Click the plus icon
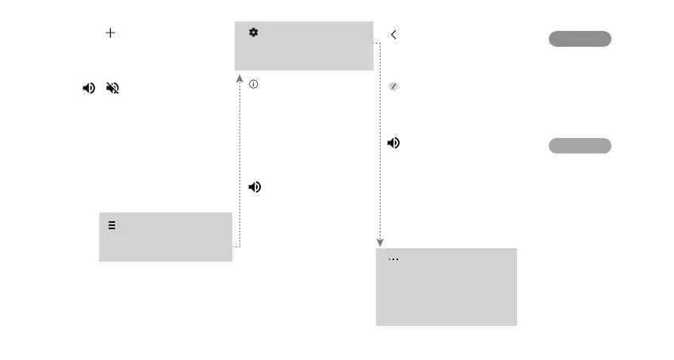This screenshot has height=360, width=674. (110, 33)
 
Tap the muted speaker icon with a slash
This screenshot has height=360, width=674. (112, 89)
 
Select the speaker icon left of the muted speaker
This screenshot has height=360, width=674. (88, 89)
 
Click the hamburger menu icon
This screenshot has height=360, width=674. (112, 225)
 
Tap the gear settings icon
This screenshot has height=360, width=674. (254, 33)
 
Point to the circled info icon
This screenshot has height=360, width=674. (254, 83)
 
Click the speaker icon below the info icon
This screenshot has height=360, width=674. (255, 187)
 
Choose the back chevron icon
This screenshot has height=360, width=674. (394, 34)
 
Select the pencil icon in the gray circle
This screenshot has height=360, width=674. (393, 86)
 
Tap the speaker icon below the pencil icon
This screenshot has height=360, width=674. (393, 144)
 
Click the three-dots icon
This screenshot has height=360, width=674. (393, 260)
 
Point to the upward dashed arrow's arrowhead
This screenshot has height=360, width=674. (239, 78)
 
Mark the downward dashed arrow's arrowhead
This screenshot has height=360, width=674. (380, 243)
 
